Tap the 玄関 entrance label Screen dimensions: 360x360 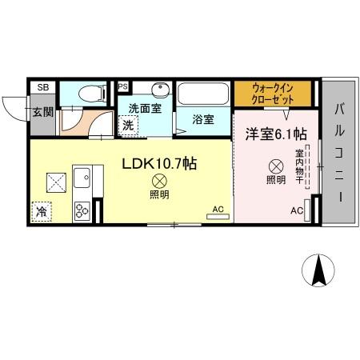42,111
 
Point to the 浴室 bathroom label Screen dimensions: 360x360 202,120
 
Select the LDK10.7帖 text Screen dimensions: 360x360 160,163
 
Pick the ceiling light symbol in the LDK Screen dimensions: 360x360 158,182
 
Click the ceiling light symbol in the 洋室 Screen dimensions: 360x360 275,166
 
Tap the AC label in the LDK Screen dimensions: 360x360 217,210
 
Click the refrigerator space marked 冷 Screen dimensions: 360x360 40,212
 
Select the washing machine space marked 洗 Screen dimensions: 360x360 127,125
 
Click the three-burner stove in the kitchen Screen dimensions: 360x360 82,210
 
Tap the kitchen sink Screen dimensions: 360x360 82,178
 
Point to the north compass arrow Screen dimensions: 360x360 318,270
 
